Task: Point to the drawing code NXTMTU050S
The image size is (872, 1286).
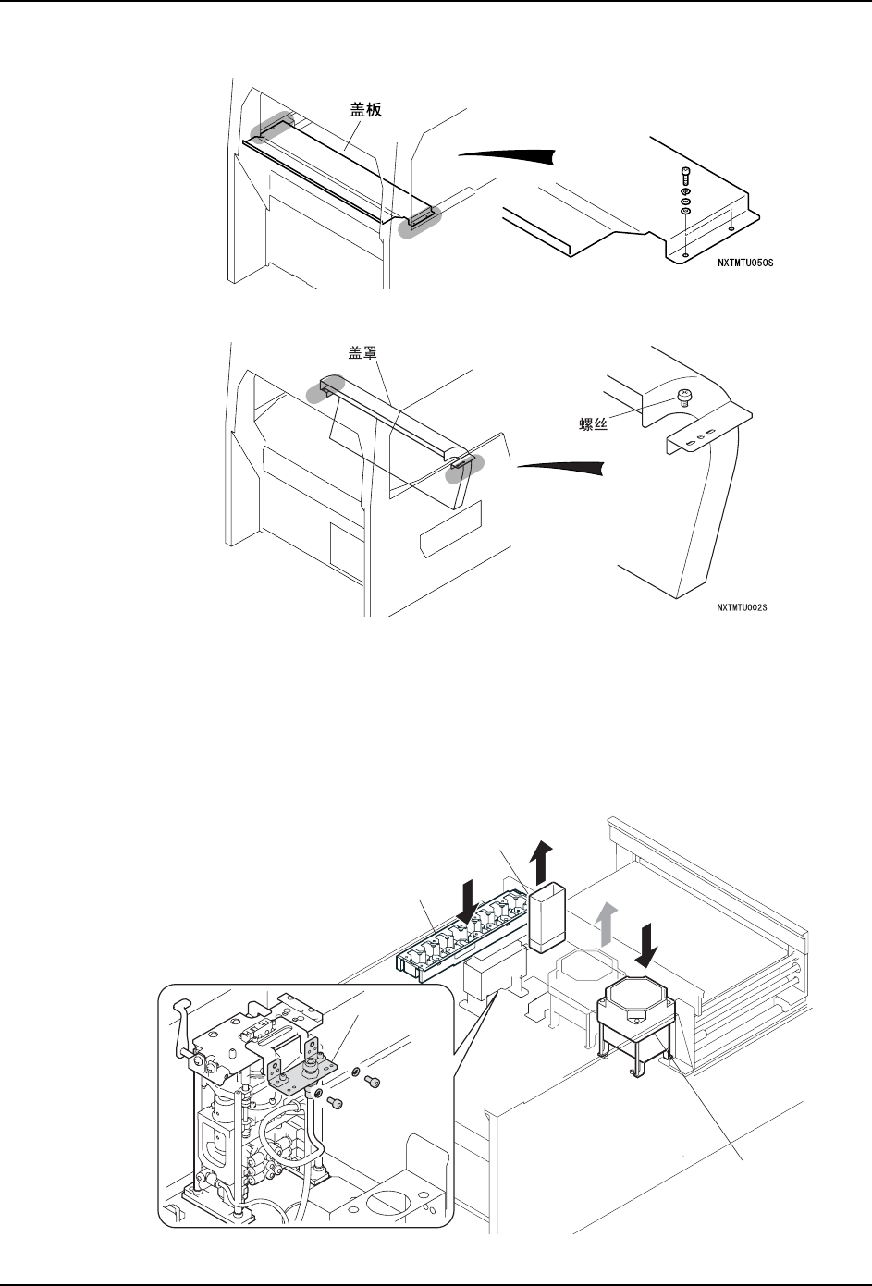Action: (743, 263)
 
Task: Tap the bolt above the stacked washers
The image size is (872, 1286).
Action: (684, 176)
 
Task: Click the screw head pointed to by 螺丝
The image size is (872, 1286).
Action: (684, 396)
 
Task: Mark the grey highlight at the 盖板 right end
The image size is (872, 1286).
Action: (421, 222)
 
